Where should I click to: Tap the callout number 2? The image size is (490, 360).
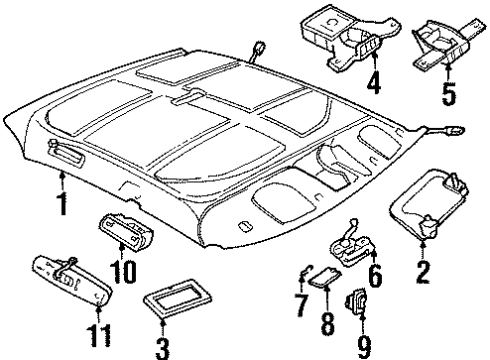pos(423,270)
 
